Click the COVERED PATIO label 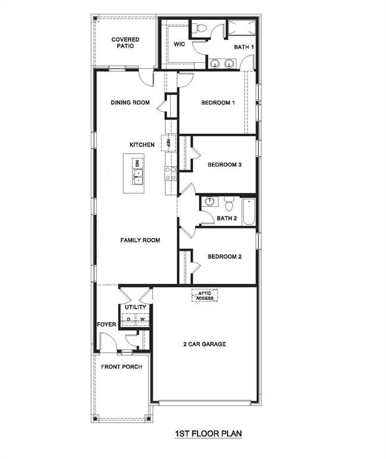coord(125,42)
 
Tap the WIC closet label coord(180,44)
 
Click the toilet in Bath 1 coord(200,27)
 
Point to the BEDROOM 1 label coord(218,103)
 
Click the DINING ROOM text coord(129,103)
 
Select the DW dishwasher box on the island coord(137,163)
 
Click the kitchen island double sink coord(137,176)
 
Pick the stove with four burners coord(170,173)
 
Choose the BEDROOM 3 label coord(224,165)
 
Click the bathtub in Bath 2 coord(248,210)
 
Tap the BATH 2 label coord(227,219)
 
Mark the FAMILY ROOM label coord(140,240)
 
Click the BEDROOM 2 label coord(224,257)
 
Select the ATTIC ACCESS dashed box coord(205,295)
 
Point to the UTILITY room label coord(135,307)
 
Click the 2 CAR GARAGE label coord(204,344)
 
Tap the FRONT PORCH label coord(121,366)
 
